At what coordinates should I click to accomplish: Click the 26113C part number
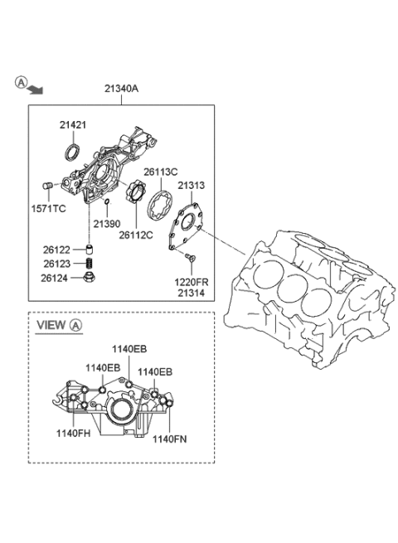click(x=160, y=172)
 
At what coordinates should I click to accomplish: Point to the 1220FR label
click(x=192, y=282)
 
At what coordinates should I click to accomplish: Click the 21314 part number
click(x=192, y=293)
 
